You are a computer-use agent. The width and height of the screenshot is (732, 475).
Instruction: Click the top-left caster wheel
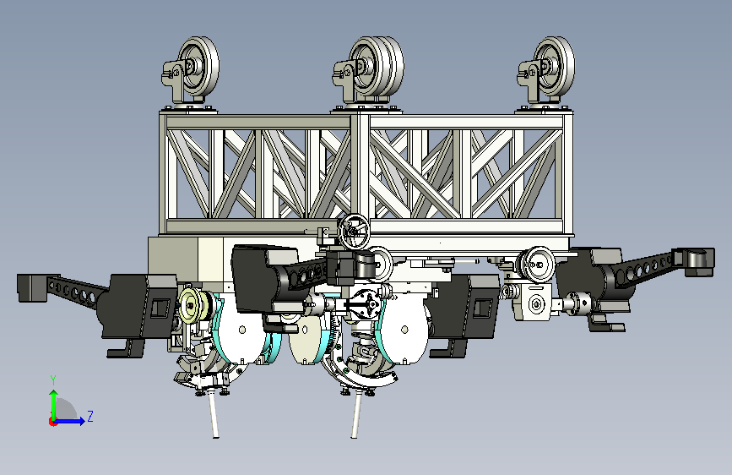coord(198,67)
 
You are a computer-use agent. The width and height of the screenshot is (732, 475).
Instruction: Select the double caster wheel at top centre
coord(377,67)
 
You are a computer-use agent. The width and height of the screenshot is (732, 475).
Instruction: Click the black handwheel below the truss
coord(354,232)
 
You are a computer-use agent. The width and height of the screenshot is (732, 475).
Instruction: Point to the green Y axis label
coord(53,380)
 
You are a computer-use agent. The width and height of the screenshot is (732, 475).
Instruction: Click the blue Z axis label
coord(90,416)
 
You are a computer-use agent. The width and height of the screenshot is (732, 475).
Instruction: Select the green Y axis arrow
coord(54,404)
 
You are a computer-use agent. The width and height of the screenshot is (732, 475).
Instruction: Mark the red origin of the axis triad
coord(52,422)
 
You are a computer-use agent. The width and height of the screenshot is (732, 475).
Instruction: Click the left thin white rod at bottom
coord(213,414)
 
